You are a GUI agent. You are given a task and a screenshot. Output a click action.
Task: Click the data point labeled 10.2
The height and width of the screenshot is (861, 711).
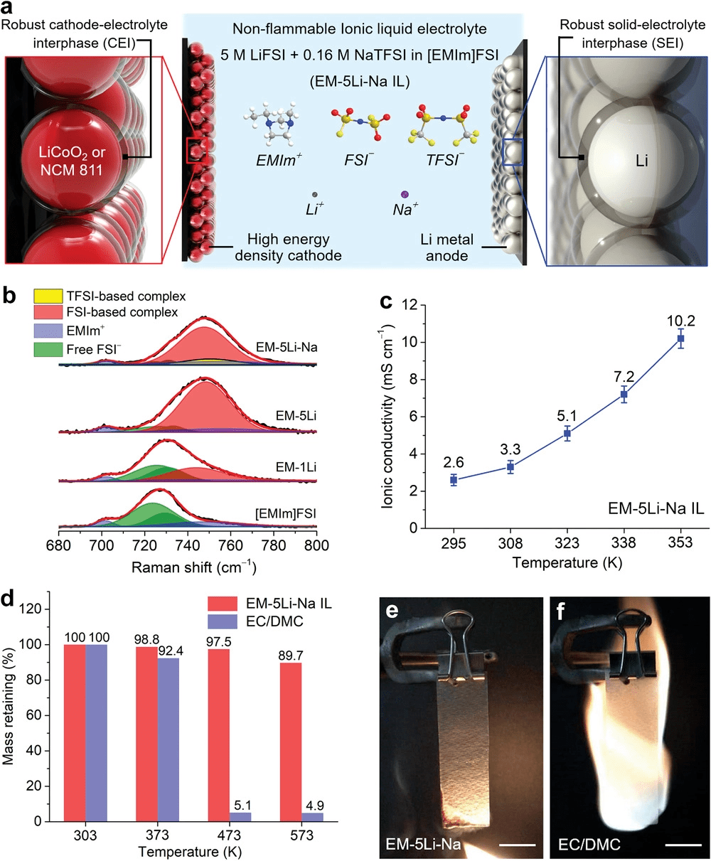(680, 338)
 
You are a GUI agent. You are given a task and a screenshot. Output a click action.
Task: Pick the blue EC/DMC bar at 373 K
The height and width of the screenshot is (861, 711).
(169, 739)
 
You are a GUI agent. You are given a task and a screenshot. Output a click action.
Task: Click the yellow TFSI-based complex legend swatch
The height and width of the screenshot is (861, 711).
(48, 296)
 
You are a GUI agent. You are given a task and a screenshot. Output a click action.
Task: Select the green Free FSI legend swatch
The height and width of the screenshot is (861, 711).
(48, 349)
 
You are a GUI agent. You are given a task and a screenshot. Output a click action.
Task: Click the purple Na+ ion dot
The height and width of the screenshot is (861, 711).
(405, 193)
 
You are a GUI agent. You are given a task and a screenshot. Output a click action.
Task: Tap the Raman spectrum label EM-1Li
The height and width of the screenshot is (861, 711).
(297, 467)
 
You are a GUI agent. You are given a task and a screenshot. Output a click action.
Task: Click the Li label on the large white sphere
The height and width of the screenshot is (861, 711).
(641, 161)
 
